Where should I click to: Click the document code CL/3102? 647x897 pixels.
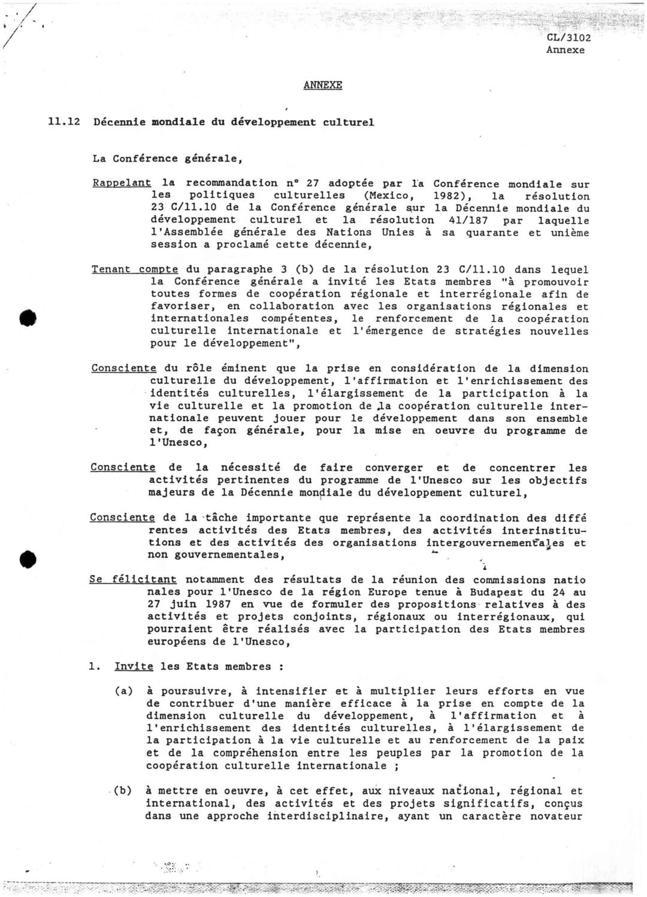(569, 38)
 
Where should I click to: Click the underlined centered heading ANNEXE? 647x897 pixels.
(322, 85)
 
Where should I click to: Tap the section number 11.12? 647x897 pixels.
(64, 122)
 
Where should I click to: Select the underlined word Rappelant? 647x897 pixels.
(122, 183)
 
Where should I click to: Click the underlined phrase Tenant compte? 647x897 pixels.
(135, 270)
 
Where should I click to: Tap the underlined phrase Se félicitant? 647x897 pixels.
(133, 579)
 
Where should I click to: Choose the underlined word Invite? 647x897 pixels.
(134, 666)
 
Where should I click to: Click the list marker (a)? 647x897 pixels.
(124, 691)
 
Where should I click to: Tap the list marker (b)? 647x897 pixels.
(124, 791)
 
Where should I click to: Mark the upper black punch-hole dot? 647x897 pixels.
(28, 318)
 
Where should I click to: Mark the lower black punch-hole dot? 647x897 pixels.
(28, 558)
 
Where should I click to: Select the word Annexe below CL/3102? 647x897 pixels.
(565, 50)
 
